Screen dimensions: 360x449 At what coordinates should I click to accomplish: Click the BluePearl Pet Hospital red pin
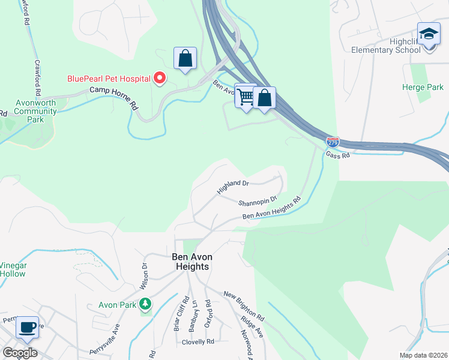pyautogui.click(x=160, y=78)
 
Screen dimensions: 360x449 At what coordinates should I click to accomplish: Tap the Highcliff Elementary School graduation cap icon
pyautogui.click(x=429, y=35)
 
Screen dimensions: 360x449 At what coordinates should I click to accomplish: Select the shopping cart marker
pyautogui.click(x=246, y=95)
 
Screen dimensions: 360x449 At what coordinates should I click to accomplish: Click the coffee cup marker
pyautogui.click(x=27, y=327)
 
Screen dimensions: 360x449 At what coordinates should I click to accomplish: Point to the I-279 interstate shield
pyautogui.click(x=333, y=142)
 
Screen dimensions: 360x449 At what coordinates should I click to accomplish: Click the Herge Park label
pyautogui.click(x=423, y=88)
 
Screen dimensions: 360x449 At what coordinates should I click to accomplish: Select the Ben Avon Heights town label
pyautogui.click(x=191, y=261)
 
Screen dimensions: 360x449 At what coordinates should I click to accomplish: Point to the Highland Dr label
pyautogui.click(x=233, y=187)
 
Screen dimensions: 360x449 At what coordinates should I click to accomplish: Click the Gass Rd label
pyautogui.click(x=337, y=155)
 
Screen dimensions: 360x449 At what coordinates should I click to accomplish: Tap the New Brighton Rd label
pyautogui.click(x=244, y=305)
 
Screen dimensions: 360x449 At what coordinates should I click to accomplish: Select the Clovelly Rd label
pyautogui.click(x=197, y=342)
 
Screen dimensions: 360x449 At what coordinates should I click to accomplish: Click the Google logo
pyautogui.click(x=20, y=353)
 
